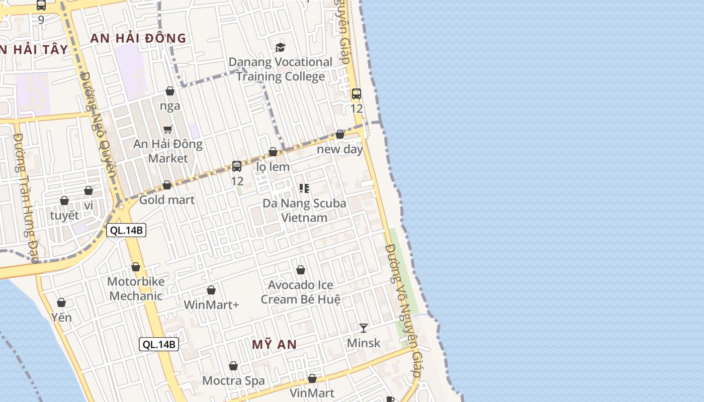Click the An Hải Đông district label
point(138,38)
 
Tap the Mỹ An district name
point(274,345)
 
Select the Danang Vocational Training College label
point(281,69)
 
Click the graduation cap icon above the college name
point(280,48)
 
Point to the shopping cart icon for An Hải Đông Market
point(168,129)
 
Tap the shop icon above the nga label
point(170,91)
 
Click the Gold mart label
point(167,200)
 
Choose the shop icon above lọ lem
point(273,152)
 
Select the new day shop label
point(340,149)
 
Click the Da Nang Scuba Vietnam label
point(304,211)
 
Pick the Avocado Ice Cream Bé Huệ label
point(301,292)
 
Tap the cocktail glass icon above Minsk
point(364,328)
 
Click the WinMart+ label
point(211,305)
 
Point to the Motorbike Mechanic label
point(136,288)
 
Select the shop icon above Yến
point(61,303)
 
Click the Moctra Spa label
point(233,381)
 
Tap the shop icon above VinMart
point(312,378)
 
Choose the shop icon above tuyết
point(64,201)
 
